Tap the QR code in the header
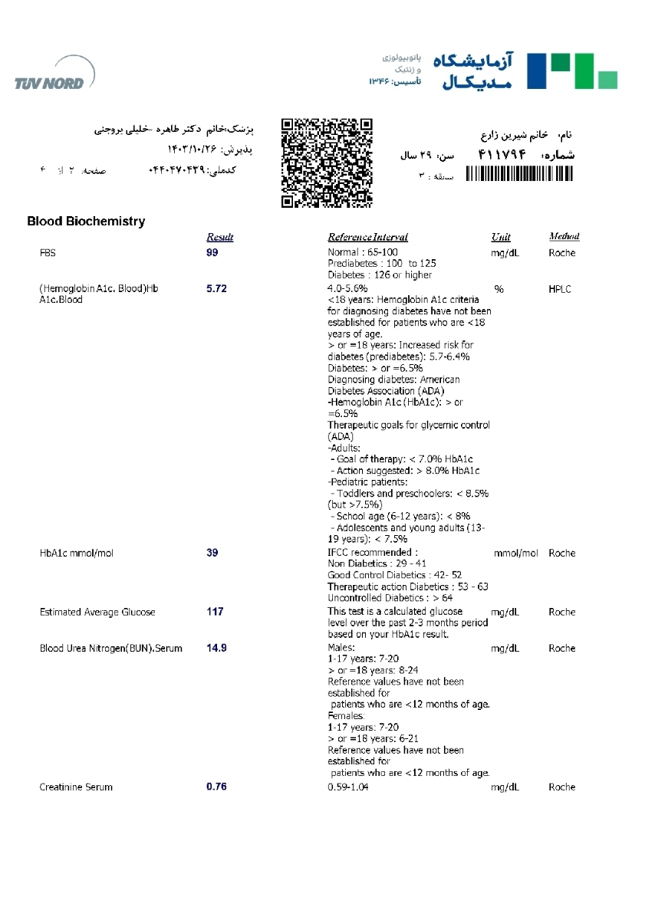click(327, 163)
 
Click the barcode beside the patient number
click(518, 175)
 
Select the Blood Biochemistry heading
click(86, 222)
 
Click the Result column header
click(220, 237)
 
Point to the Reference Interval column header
click(368, 237)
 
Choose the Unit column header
click(501, 237)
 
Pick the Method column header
click(564, 236)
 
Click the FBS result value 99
click(212, 252)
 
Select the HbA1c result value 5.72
click(217, 289)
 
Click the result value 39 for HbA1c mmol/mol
click(212, 553)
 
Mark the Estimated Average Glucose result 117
click(215, 612)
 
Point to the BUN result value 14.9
click(217, 648)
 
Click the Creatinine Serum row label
click(76, 787)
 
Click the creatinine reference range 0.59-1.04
click(348, 787)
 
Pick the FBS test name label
click(48, 252)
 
